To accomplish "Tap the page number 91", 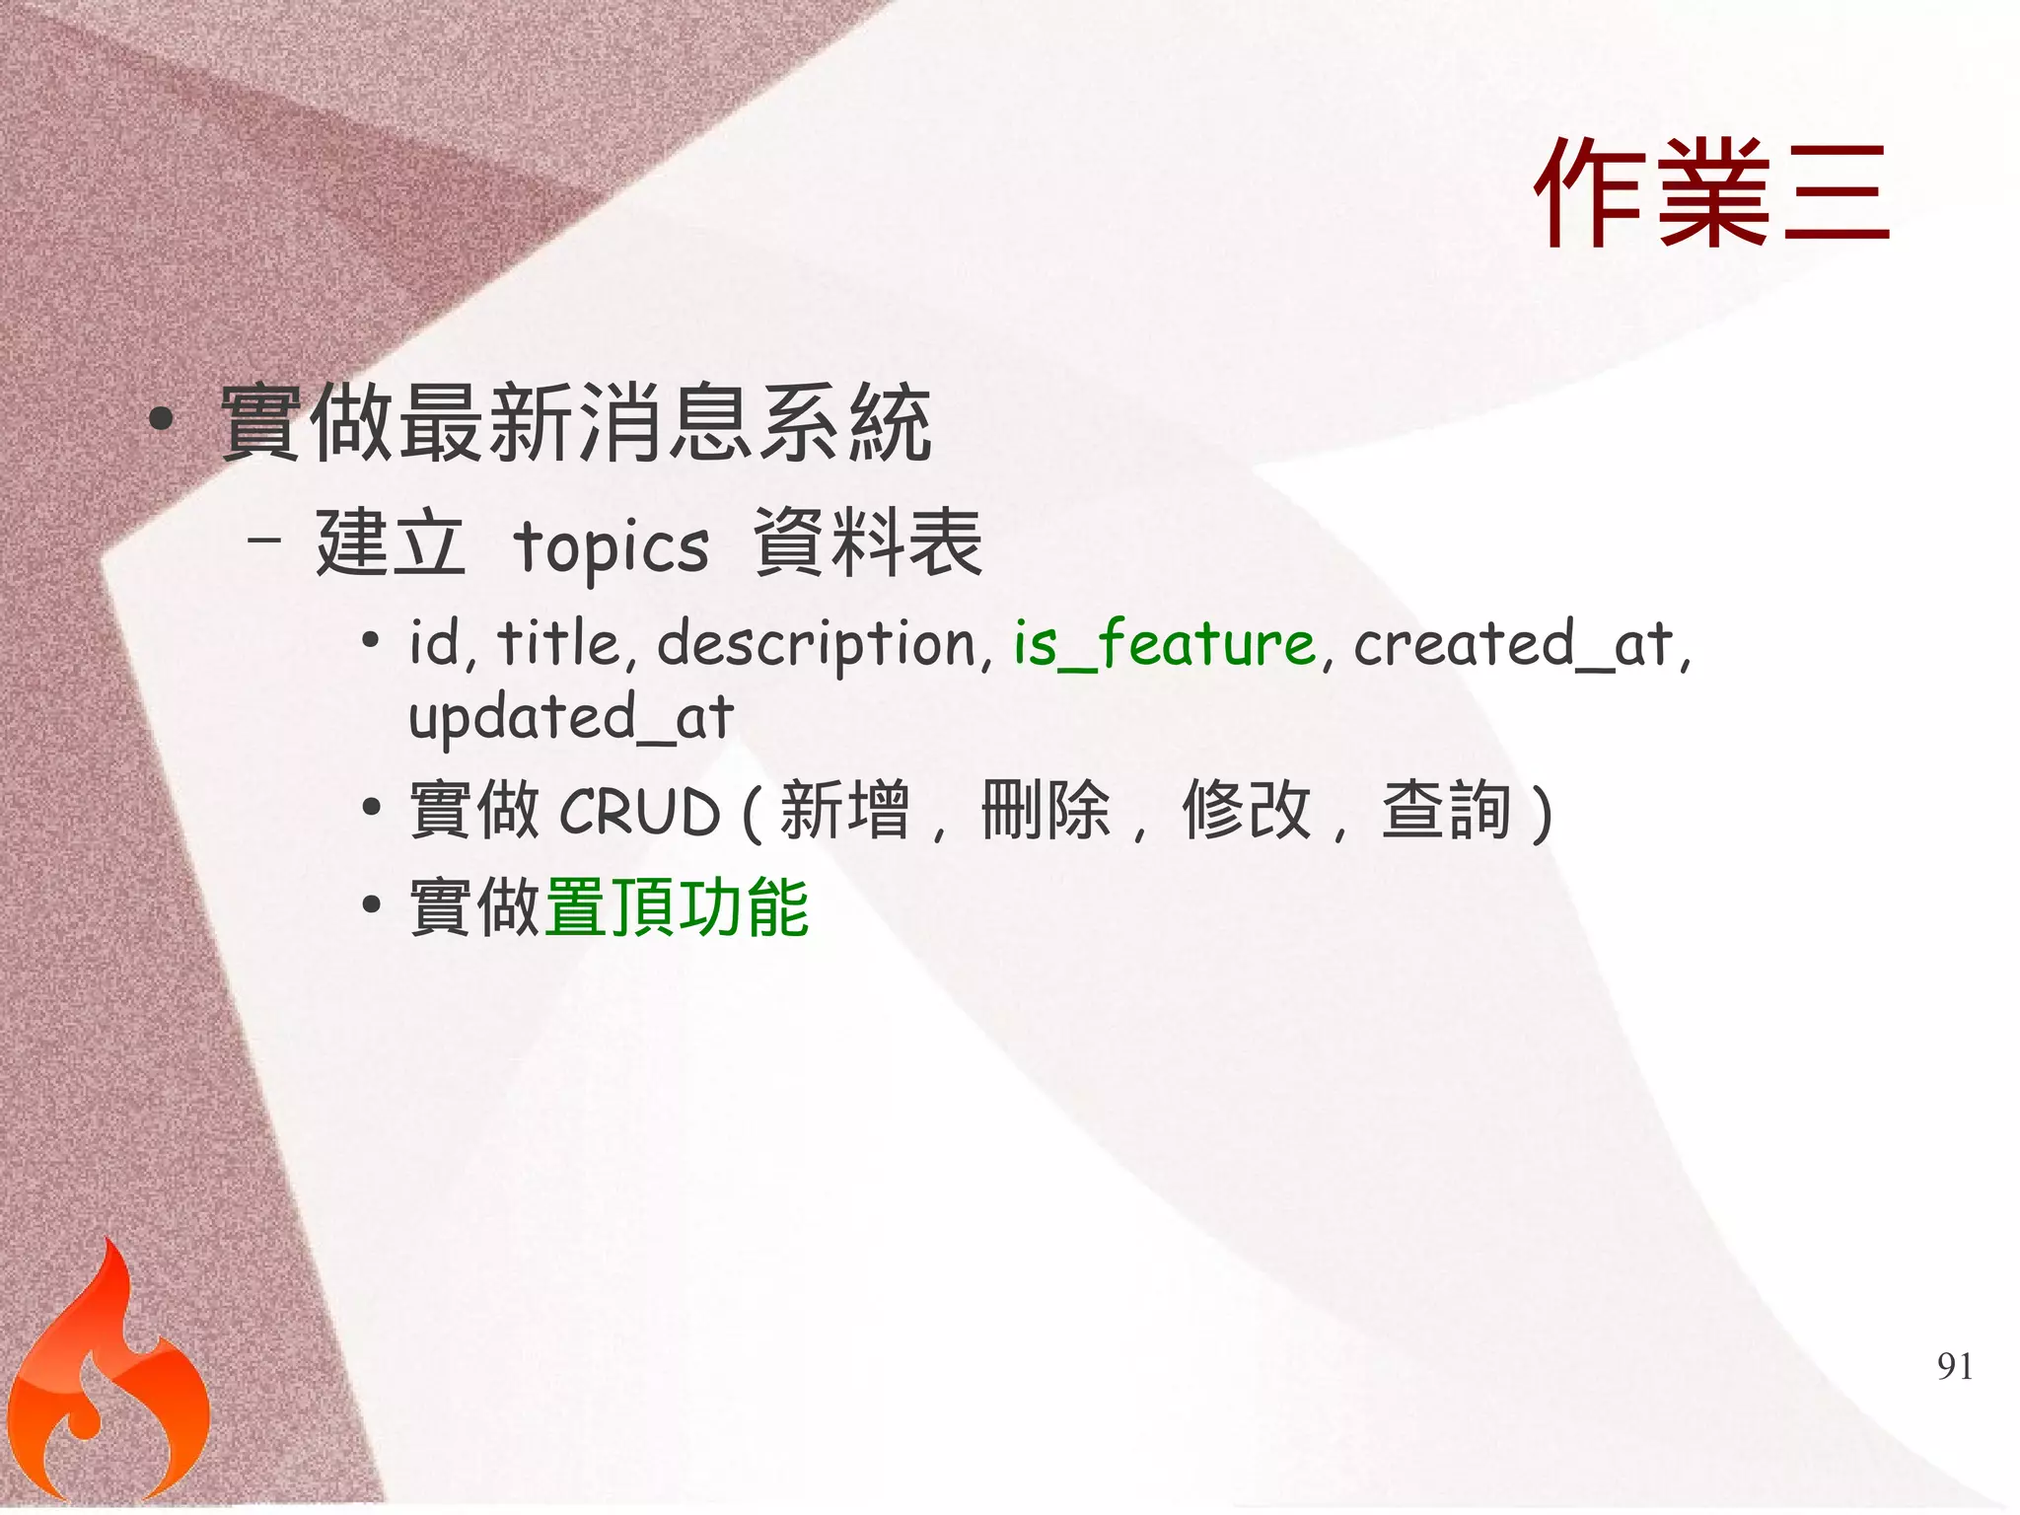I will coord(1955,1366).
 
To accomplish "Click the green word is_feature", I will coord(1165,645).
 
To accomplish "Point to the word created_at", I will coord(1514,645).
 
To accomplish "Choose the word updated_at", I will coord(571,717).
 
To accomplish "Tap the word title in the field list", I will coord(558,643).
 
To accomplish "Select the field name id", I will coord(434,643).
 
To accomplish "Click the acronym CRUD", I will coord(640,812).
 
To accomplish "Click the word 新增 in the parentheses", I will coord(844,811).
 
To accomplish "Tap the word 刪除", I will coord(1046,811).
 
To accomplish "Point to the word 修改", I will coord(1247,811).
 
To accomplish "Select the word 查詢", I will coord(1446,811).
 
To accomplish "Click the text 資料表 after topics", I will coord(868,542).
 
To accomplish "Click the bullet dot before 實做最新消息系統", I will coord(162,420).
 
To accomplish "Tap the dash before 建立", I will coord(265,540).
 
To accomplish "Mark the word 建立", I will coord(390,542).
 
